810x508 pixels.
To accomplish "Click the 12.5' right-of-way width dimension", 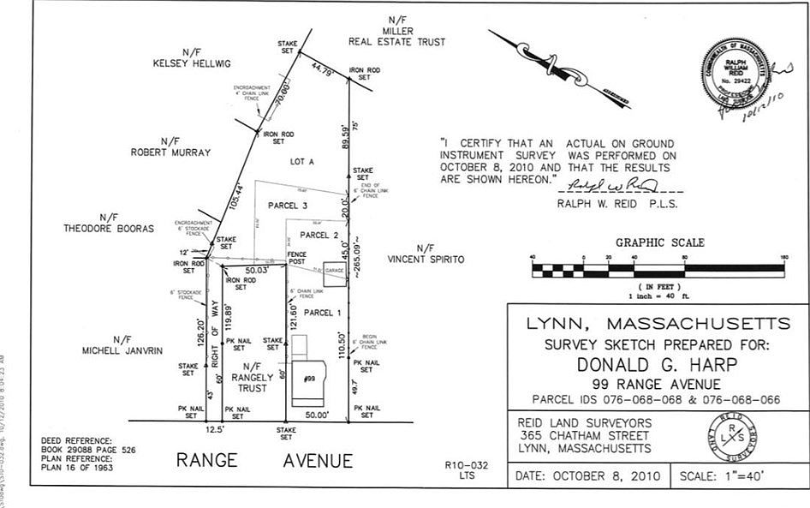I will (216, 428).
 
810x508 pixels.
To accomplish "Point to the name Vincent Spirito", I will (426, 259).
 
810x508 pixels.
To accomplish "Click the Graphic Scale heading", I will (659, 242).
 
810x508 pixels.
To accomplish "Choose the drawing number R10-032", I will (467, 465).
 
